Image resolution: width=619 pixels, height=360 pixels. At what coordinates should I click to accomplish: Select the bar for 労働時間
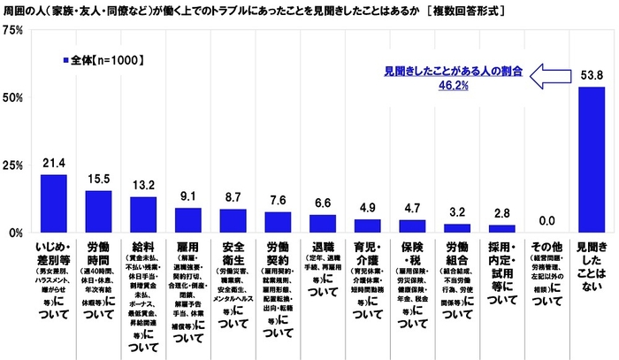coord(98,211)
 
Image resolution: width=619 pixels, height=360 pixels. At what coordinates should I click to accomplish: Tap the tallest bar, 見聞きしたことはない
coord(591,160)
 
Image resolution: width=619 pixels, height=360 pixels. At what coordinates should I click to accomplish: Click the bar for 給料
coord(142,215)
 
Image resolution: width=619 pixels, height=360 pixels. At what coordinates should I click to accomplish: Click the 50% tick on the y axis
coord(14,97)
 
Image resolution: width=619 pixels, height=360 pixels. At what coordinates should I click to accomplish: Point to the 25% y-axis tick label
coord(14,165)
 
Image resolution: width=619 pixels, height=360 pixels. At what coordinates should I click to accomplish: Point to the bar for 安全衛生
coord(233,220)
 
